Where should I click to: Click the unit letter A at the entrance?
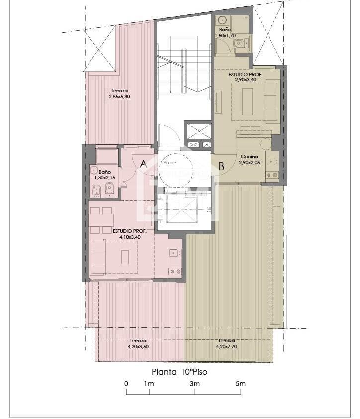pos(143,164)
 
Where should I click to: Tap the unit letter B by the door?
pos(222,167)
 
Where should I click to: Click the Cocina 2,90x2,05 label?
pos(249,159)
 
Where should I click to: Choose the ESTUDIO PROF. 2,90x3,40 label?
pos(245,77)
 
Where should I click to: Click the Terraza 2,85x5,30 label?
pos(119,94)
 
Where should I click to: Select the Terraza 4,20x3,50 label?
pos(138,344)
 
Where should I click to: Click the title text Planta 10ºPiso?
pos(179,371)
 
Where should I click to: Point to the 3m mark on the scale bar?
pos(194,384)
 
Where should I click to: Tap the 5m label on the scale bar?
pos(240,384)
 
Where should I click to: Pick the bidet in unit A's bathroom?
pos(97,190)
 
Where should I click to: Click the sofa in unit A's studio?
pos(98,256)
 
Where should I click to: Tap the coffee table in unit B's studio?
pos(247,102)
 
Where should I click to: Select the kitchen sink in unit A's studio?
pos(174,253)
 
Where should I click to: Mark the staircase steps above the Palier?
pos(184,70)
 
